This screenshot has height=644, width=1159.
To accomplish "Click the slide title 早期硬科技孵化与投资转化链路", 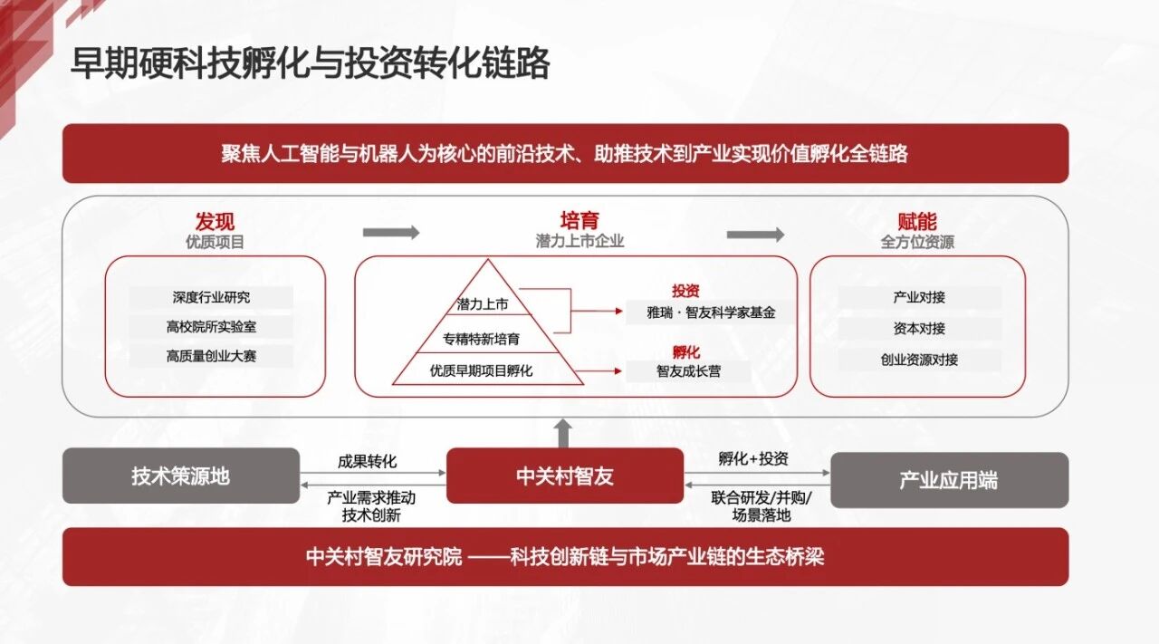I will pos(310,64).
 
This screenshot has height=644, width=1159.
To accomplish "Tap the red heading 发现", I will pos(215,221).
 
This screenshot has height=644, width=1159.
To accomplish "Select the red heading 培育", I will pos(579,220).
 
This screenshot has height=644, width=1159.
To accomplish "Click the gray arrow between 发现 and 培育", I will pos(391,233).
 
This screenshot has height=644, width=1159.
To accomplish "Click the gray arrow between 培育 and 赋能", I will pos(755,235).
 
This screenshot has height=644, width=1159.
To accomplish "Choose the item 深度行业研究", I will pos(211,297).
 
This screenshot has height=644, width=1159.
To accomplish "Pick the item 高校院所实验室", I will pos(211,326).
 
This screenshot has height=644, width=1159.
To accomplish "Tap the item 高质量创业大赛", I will pos(211,356).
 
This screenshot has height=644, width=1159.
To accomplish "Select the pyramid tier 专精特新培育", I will pos(482,340).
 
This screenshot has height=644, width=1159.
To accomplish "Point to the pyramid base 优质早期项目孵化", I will pos(482,370).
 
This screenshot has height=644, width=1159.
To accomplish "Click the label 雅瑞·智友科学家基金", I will pos(700,312).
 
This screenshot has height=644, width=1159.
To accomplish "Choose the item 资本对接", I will pos(919,328).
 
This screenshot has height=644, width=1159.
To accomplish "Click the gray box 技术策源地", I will pos(180,476).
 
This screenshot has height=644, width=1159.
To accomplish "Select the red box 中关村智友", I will pos(564,476).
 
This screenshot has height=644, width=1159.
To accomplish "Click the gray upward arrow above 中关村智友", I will pos(564,432).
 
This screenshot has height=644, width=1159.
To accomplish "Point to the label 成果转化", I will pos(367,461).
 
